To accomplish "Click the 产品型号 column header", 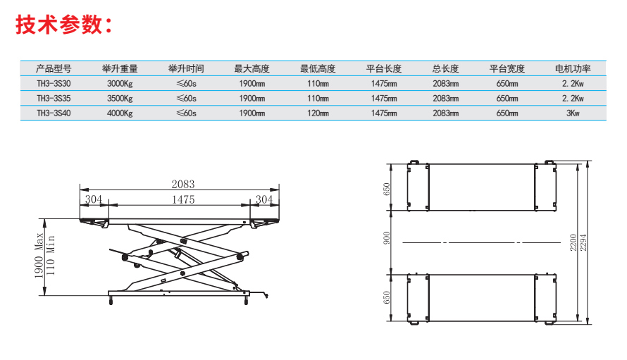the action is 54,69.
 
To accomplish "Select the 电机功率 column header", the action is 573,69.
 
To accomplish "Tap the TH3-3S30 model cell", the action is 54,84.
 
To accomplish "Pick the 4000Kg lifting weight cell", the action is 120,113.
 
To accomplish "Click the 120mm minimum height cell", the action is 318,113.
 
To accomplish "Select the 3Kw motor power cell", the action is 573,113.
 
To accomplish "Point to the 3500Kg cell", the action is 120,99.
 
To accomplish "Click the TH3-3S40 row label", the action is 54,113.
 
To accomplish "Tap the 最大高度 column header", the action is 252,69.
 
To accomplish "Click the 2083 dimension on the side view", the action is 183,184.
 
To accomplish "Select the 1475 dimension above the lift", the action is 183,199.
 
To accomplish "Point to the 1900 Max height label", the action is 39,256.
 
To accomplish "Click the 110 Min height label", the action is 51,256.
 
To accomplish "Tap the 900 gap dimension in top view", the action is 386,238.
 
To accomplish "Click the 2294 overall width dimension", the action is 583,242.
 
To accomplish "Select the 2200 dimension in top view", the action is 573,242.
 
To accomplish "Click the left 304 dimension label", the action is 94,199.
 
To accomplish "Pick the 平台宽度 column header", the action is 507,69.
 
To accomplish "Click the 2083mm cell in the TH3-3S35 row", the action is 445,99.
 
